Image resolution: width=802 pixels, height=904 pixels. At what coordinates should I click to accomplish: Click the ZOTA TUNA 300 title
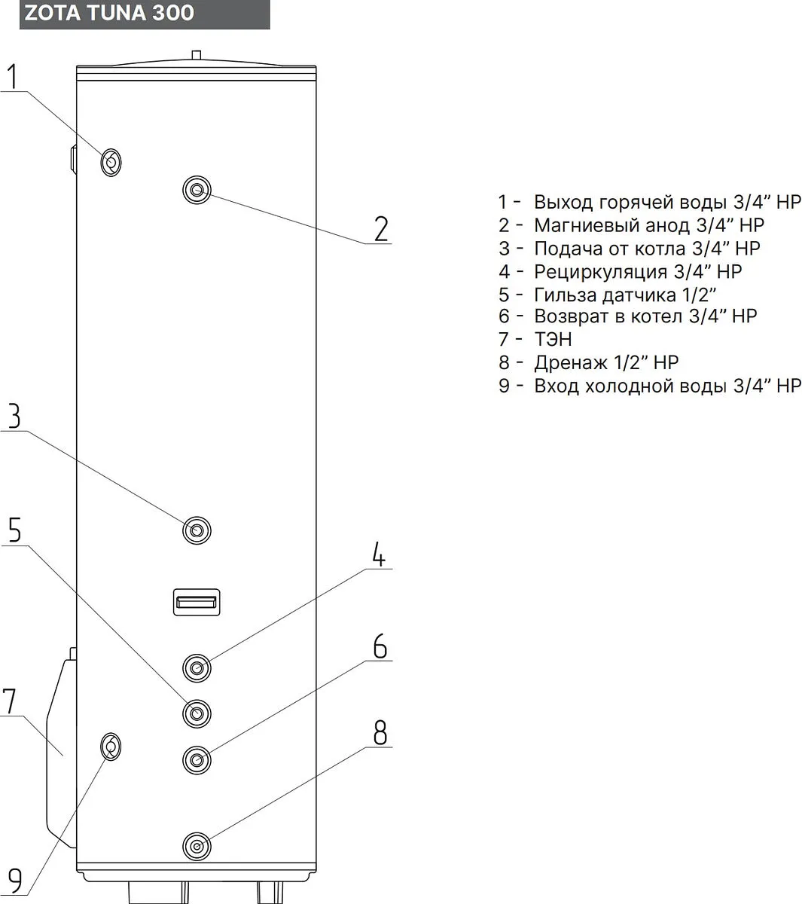(x=110, y=14)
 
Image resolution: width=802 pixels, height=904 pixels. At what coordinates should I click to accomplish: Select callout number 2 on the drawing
(x=381, y=229)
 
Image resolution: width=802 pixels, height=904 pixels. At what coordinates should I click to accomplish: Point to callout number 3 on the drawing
(x=14, y=417)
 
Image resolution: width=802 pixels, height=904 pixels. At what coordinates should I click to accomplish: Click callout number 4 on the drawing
(x=380, y=555)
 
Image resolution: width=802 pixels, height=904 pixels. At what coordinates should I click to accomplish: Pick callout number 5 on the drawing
(x=14, y=530)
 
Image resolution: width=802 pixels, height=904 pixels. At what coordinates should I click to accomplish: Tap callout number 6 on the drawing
(x=380, y=646)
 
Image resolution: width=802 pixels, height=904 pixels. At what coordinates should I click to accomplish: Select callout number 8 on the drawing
(x=380, y=731)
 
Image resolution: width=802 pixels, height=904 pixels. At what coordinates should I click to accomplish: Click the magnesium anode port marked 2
(x=197, y=189)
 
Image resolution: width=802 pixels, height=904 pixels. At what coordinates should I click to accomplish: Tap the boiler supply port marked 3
(x=197, y=530)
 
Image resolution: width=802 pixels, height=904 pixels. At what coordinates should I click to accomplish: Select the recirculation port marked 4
(x=197, y=667)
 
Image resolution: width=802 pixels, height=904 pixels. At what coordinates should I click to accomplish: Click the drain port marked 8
(x=197, y=845)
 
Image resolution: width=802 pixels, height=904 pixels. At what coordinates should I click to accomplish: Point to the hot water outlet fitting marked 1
(x=111, y=161)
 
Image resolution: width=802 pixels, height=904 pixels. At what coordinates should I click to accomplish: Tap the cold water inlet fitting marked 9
(x=111, y=746)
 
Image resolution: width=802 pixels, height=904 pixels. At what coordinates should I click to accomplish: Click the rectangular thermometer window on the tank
(x=197, y=601)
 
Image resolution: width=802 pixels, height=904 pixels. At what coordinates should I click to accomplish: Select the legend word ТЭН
(x=553, y=340)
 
